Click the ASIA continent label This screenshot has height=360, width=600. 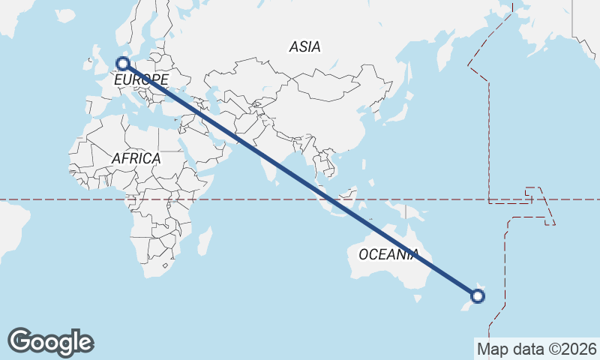tap(304, 46)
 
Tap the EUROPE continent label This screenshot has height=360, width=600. tap(141, 79)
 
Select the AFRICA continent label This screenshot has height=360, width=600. tap(136, 158)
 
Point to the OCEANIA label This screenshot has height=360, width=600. tap(387, 254)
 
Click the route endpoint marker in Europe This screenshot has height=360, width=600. tap(123, 64)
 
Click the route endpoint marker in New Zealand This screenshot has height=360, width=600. tap(477, 296)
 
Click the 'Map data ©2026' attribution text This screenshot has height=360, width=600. tap(536, 349)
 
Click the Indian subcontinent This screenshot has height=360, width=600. tap(273, 154)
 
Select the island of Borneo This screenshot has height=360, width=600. tap(355, 195)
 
